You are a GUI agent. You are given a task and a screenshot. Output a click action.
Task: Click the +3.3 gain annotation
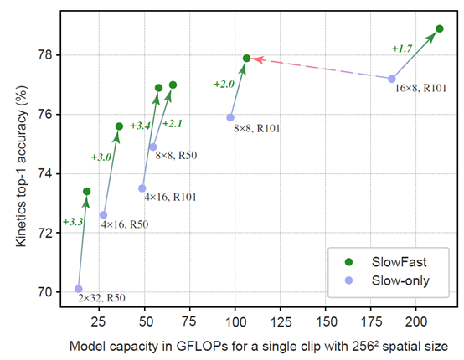tap(73, 222)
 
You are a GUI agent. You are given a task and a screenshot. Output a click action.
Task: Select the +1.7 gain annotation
tap(402, 49)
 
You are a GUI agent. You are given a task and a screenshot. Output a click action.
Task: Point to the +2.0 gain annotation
tap(224, 84)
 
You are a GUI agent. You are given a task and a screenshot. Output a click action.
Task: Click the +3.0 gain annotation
tap(101, 157)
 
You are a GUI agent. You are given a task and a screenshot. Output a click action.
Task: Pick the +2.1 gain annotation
tap(172, 124)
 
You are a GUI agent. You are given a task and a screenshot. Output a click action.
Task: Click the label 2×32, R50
tap(102, 297)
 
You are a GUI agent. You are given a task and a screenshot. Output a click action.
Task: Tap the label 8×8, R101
tap(257, 128)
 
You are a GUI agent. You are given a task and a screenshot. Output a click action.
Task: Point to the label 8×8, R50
tap(177, 155)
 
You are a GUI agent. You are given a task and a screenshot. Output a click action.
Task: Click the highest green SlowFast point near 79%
tap(439, 28)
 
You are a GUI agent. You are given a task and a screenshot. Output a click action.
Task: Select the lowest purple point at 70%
tap(79, 289)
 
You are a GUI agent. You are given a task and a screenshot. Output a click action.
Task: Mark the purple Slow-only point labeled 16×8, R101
tap(392, 79)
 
